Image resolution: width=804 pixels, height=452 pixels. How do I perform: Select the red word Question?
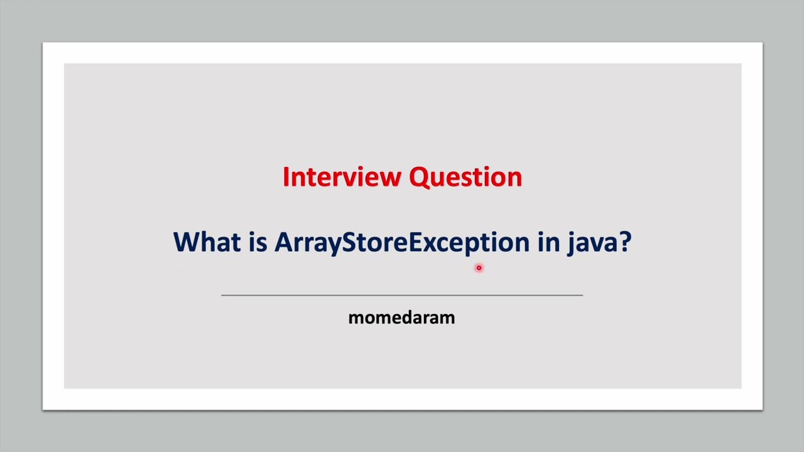coord(465,178)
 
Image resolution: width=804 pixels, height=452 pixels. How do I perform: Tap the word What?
coord(206,242)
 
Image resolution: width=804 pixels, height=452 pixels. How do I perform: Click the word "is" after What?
coord(258,242)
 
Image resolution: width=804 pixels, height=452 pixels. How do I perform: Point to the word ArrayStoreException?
coord(402,242)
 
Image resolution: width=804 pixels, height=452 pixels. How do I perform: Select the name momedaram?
coord(401,318)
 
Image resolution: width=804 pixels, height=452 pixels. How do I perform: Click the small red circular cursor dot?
coord(479,268)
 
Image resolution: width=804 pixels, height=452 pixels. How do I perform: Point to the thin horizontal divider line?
coord(402,294)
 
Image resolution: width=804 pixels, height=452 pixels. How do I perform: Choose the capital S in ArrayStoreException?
coord(349,242)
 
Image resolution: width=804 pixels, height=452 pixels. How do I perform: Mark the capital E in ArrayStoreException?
coord(416,242)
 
